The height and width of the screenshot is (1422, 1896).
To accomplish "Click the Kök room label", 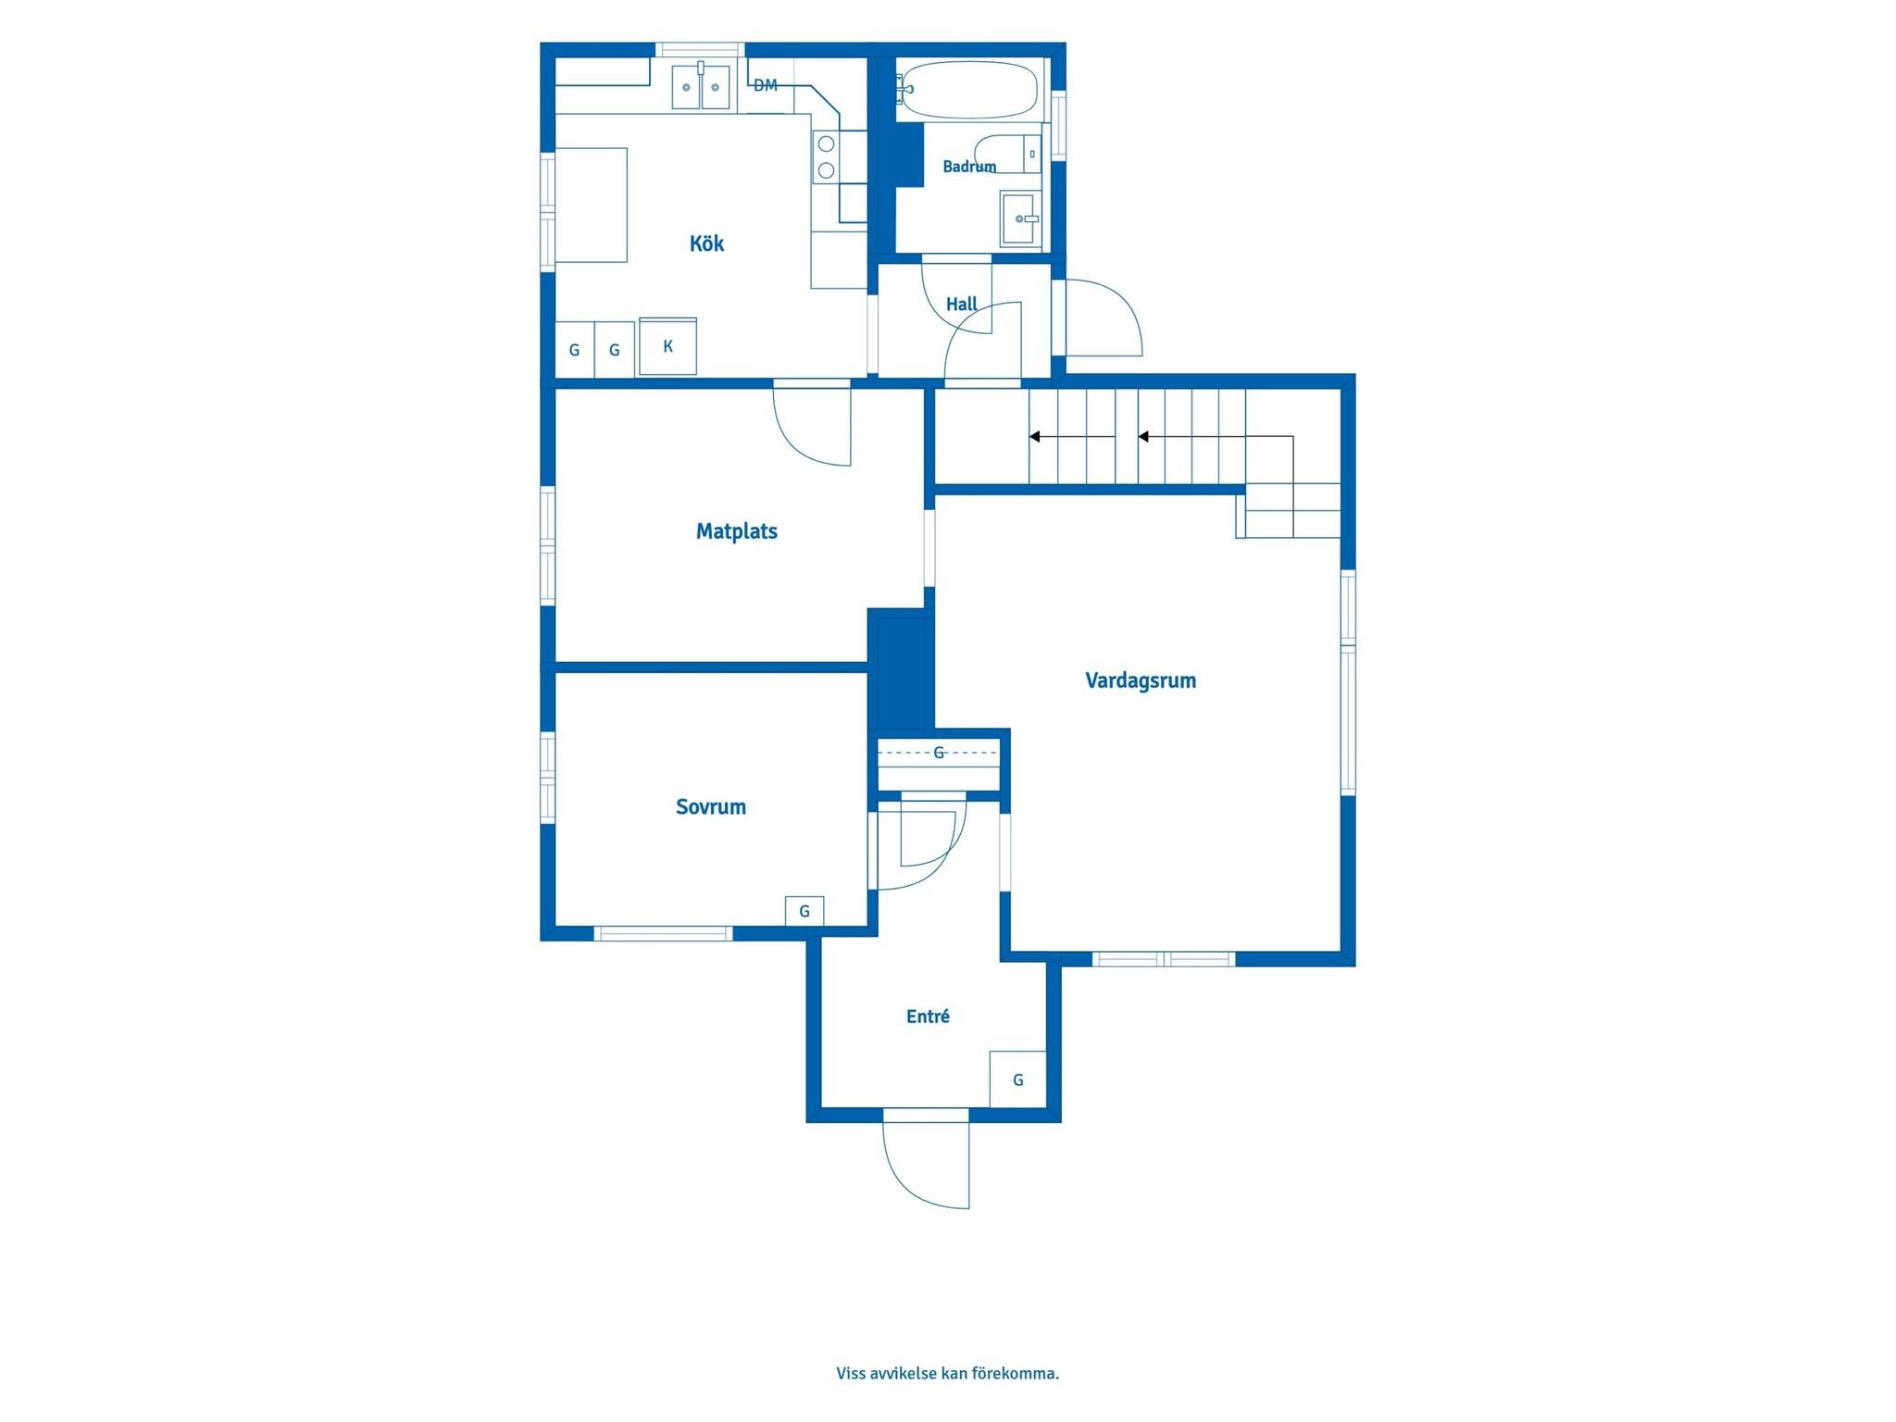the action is pyautogui.click(x=706, y=243).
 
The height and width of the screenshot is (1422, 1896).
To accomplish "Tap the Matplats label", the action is pyautogui.click(x=737, y=531).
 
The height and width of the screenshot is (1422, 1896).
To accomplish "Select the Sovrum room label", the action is pyautogui.click(x=711, y=806).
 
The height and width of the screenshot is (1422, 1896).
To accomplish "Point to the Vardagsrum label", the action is pyautogui.click(x=1141, y=680).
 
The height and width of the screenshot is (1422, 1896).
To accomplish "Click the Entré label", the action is pyautogui.click(x=928, y=1017).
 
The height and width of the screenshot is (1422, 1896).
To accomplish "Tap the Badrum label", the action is pyautogui.click(x=969, y=167).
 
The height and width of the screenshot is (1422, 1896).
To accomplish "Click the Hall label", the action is pyautogui.click(x=962, y=304).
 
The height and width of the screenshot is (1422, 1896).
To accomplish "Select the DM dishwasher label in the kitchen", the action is pyautogui.click(x=766, y=85).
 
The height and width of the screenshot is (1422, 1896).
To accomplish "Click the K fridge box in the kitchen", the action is pyautogui.click(x=667, y=346).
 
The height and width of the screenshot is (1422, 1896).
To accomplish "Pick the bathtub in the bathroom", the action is pyautogui.click(x=967, y=90).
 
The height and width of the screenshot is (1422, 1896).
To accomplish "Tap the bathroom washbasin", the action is pyautogui.click(x=1019, y=219).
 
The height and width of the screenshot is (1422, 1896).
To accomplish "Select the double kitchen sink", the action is pyautogui.click(x=701, y=86).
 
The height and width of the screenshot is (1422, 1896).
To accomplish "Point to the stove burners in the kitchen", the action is pyautogui.click(x=826, y=156).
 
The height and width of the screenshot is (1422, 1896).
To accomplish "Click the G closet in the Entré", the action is pyautogui.click(x=1018, y=1079).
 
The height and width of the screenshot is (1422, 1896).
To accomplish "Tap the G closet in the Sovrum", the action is pyautogui.click(x=805, y=911).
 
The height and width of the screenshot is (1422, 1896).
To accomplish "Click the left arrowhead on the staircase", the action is pyautogui.click(x=1035, y=437).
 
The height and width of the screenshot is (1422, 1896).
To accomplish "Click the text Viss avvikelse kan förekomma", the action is pyautogui.click(x=948, y=1373).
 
